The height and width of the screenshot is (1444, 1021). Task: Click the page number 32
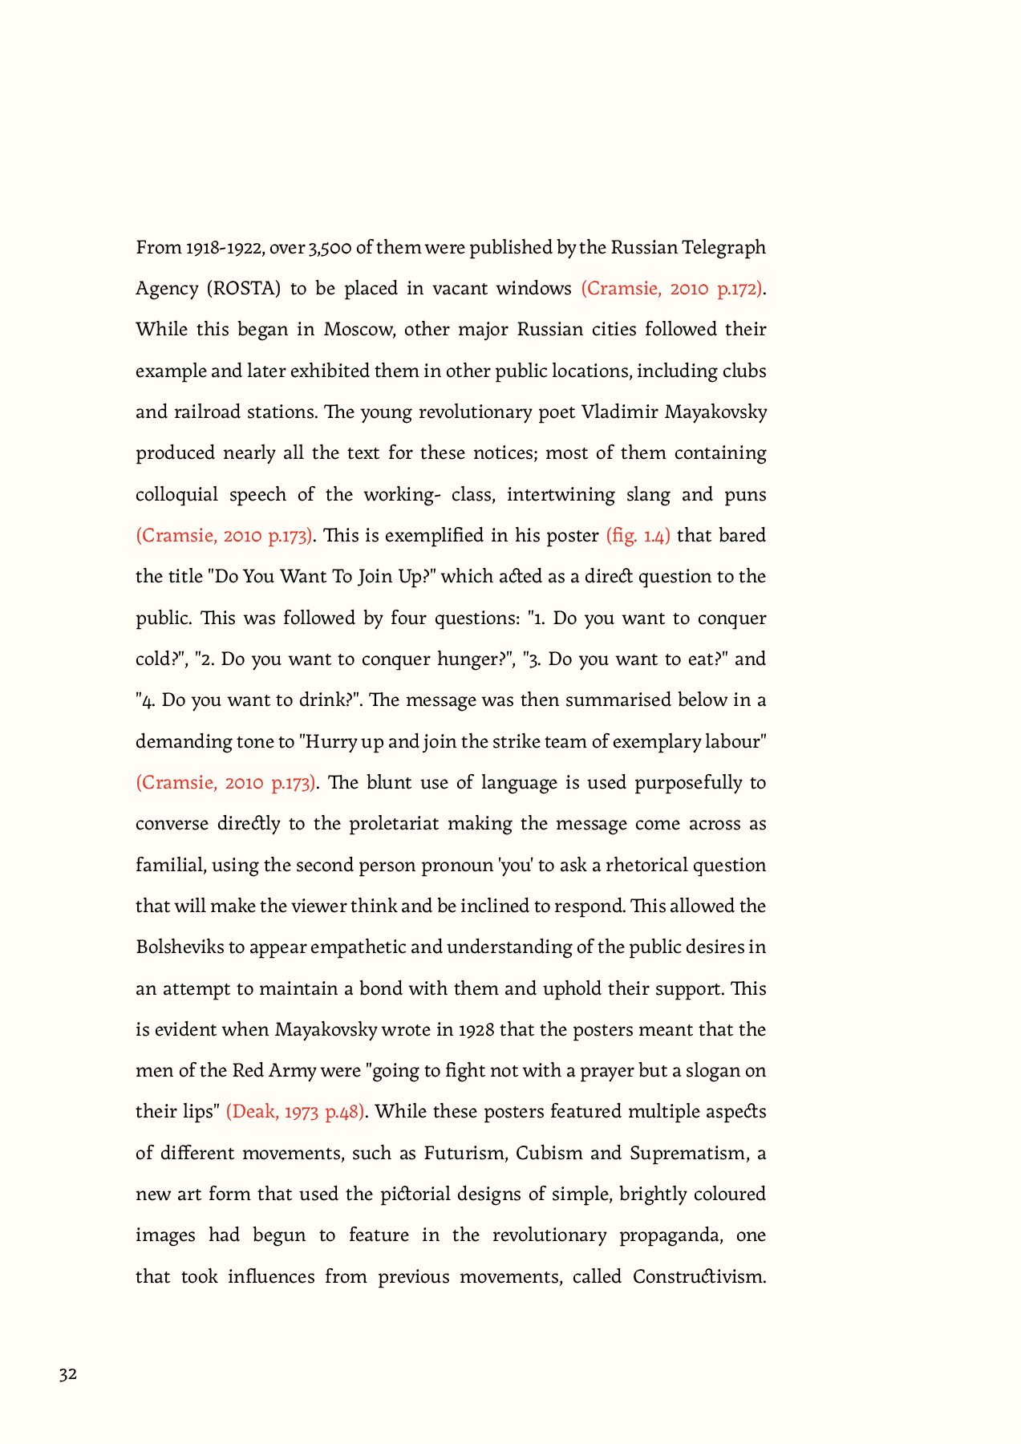(68, 1374)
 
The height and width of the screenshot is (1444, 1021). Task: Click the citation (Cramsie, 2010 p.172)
(672, 289)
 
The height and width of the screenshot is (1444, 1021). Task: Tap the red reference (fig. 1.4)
(638, 536)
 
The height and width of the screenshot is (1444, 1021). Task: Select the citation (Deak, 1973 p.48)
(296, 1112)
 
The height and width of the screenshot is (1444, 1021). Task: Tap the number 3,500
(329, 248)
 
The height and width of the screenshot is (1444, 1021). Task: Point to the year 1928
(476, 1030)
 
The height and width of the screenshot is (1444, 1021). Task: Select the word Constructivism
(699, 1277)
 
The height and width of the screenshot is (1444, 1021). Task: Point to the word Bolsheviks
(180, 947)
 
